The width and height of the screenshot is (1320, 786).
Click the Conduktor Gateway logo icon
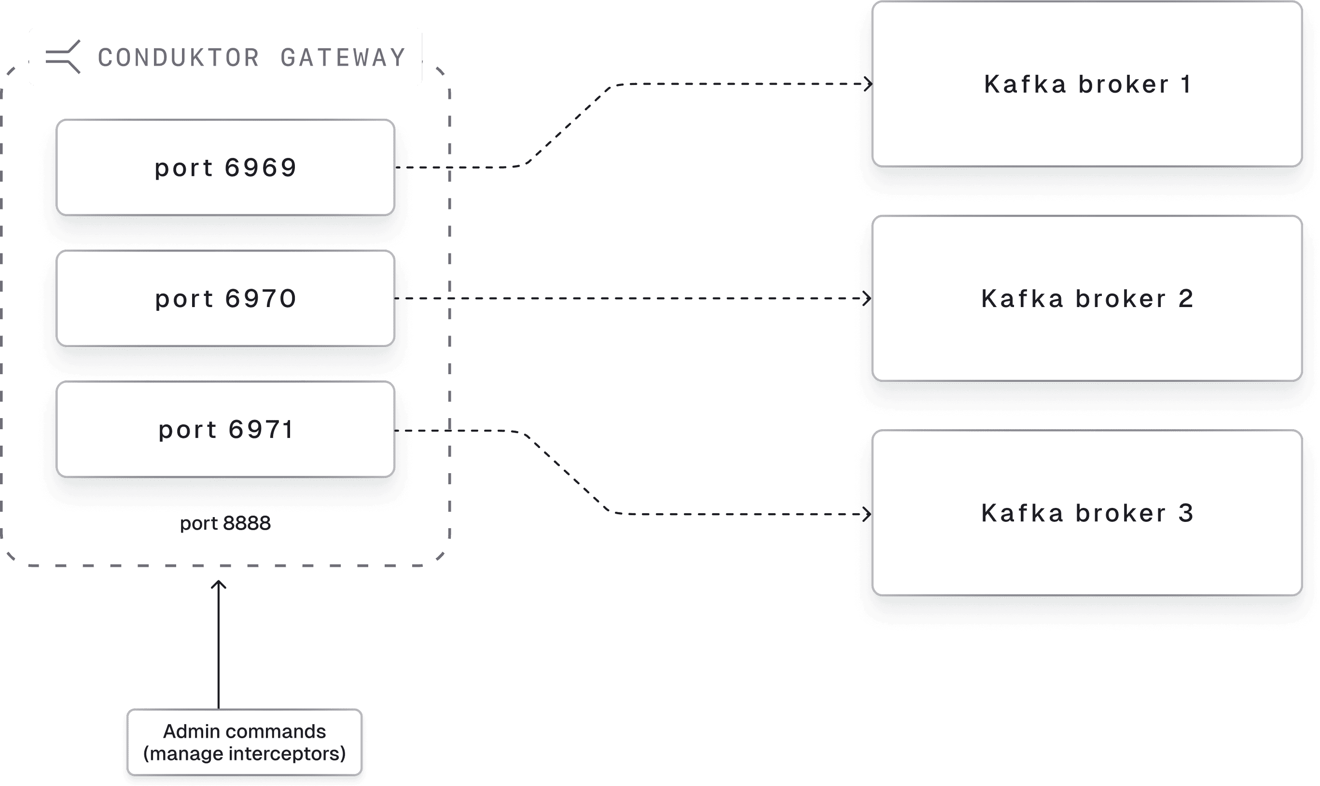pos(63,56)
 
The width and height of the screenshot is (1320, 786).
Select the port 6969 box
pos(225,168)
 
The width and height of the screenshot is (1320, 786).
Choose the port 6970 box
pos(225,298)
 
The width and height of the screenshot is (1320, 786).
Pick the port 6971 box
pos(225,429)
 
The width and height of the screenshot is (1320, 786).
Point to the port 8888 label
pos(225,523)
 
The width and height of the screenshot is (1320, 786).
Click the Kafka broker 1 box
pos(1086,84)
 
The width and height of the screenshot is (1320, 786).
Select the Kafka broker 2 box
pos(1086,298)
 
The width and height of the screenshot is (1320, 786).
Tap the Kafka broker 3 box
pos(1086,513)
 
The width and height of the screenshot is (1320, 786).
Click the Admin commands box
pos(244,742)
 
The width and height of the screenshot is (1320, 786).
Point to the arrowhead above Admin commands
pos(219,585)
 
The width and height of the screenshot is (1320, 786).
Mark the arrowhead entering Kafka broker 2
pos(867,298)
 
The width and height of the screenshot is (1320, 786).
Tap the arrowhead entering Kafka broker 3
pos(867,514)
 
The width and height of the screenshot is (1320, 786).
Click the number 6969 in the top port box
pos(261,168)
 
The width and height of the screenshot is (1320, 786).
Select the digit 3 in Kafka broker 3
pos(1186,513)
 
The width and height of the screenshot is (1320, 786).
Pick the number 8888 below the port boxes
pos(247,523)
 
